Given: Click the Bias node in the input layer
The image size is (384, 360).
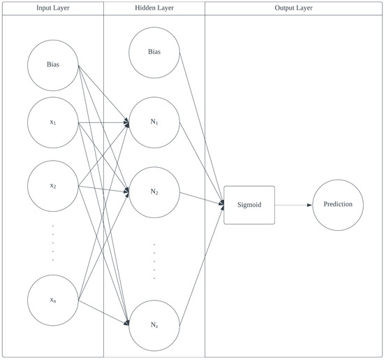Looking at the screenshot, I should [53, 64].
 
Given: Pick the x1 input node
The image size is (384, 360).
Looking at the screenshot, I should [53, 123].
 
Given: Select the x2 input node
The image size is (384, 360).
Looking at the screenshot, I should [53, 186].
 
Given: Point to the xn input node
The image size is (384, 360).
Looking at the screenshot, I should [53, 301].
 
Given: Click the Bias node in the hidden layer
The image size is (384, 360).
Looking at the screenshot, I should [154, 52].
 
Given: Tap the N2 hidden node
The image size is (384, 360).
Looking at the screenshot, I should [154, 192].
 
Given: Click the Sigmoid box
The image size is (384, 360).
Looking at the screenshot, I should [249, 204].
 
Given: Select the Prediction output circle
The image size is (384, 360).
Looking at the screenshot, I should [338, 204].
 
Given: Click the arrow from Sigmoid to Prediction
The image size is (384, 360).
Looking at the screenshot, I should [293, 205].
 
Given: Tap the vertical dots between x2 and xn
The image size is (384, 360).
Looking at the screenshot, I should [53, 243].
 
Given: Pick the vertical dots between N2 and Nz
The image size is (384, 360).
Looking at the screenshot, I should [154, 261].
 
